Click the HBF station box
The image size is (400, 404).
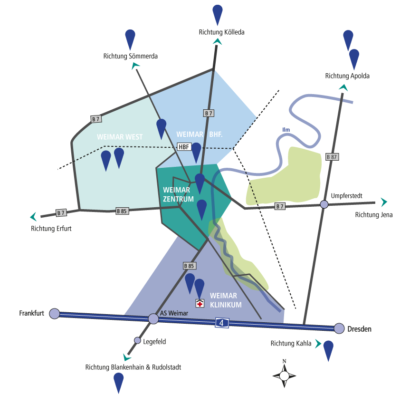pos(184,147)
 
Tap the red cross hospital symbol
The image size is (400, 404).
pos(200,303)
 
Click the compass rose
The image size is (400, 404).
pos(284,375)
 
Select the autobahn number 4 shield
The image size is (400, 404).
pos(221,323)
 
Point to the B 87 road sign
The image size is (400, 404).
pos(332,156)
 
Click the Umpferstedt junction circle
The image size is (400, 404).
pos(324,204)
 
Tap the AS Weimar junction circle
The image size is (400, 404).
pos(153,318)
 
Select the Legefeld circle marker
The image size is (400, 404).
pos(138,340)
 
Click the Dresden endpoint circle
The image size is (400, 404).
pos(339,328)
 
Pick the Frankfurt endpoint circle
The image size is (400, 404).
pos(55,314)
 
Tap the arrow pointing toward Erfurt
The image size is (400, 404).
pos(33,217)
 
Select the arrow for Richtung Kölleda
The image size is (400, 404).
pos(218,42)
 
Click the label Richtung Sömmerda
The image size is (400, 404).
pos(130,56)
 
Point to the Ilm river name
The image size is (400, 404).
pos(286,129)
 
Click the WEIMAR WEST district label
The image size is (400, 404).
pos(120,137)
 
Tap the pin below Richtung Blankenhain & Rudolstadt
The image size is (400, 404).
pos(119,382)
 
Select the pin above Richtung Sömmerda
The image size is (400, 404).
pos(130,39)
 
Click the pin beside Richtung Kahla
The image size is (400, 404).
pos(328,350)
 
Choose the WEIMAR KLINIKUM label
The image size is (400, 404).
pos(226,300)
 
